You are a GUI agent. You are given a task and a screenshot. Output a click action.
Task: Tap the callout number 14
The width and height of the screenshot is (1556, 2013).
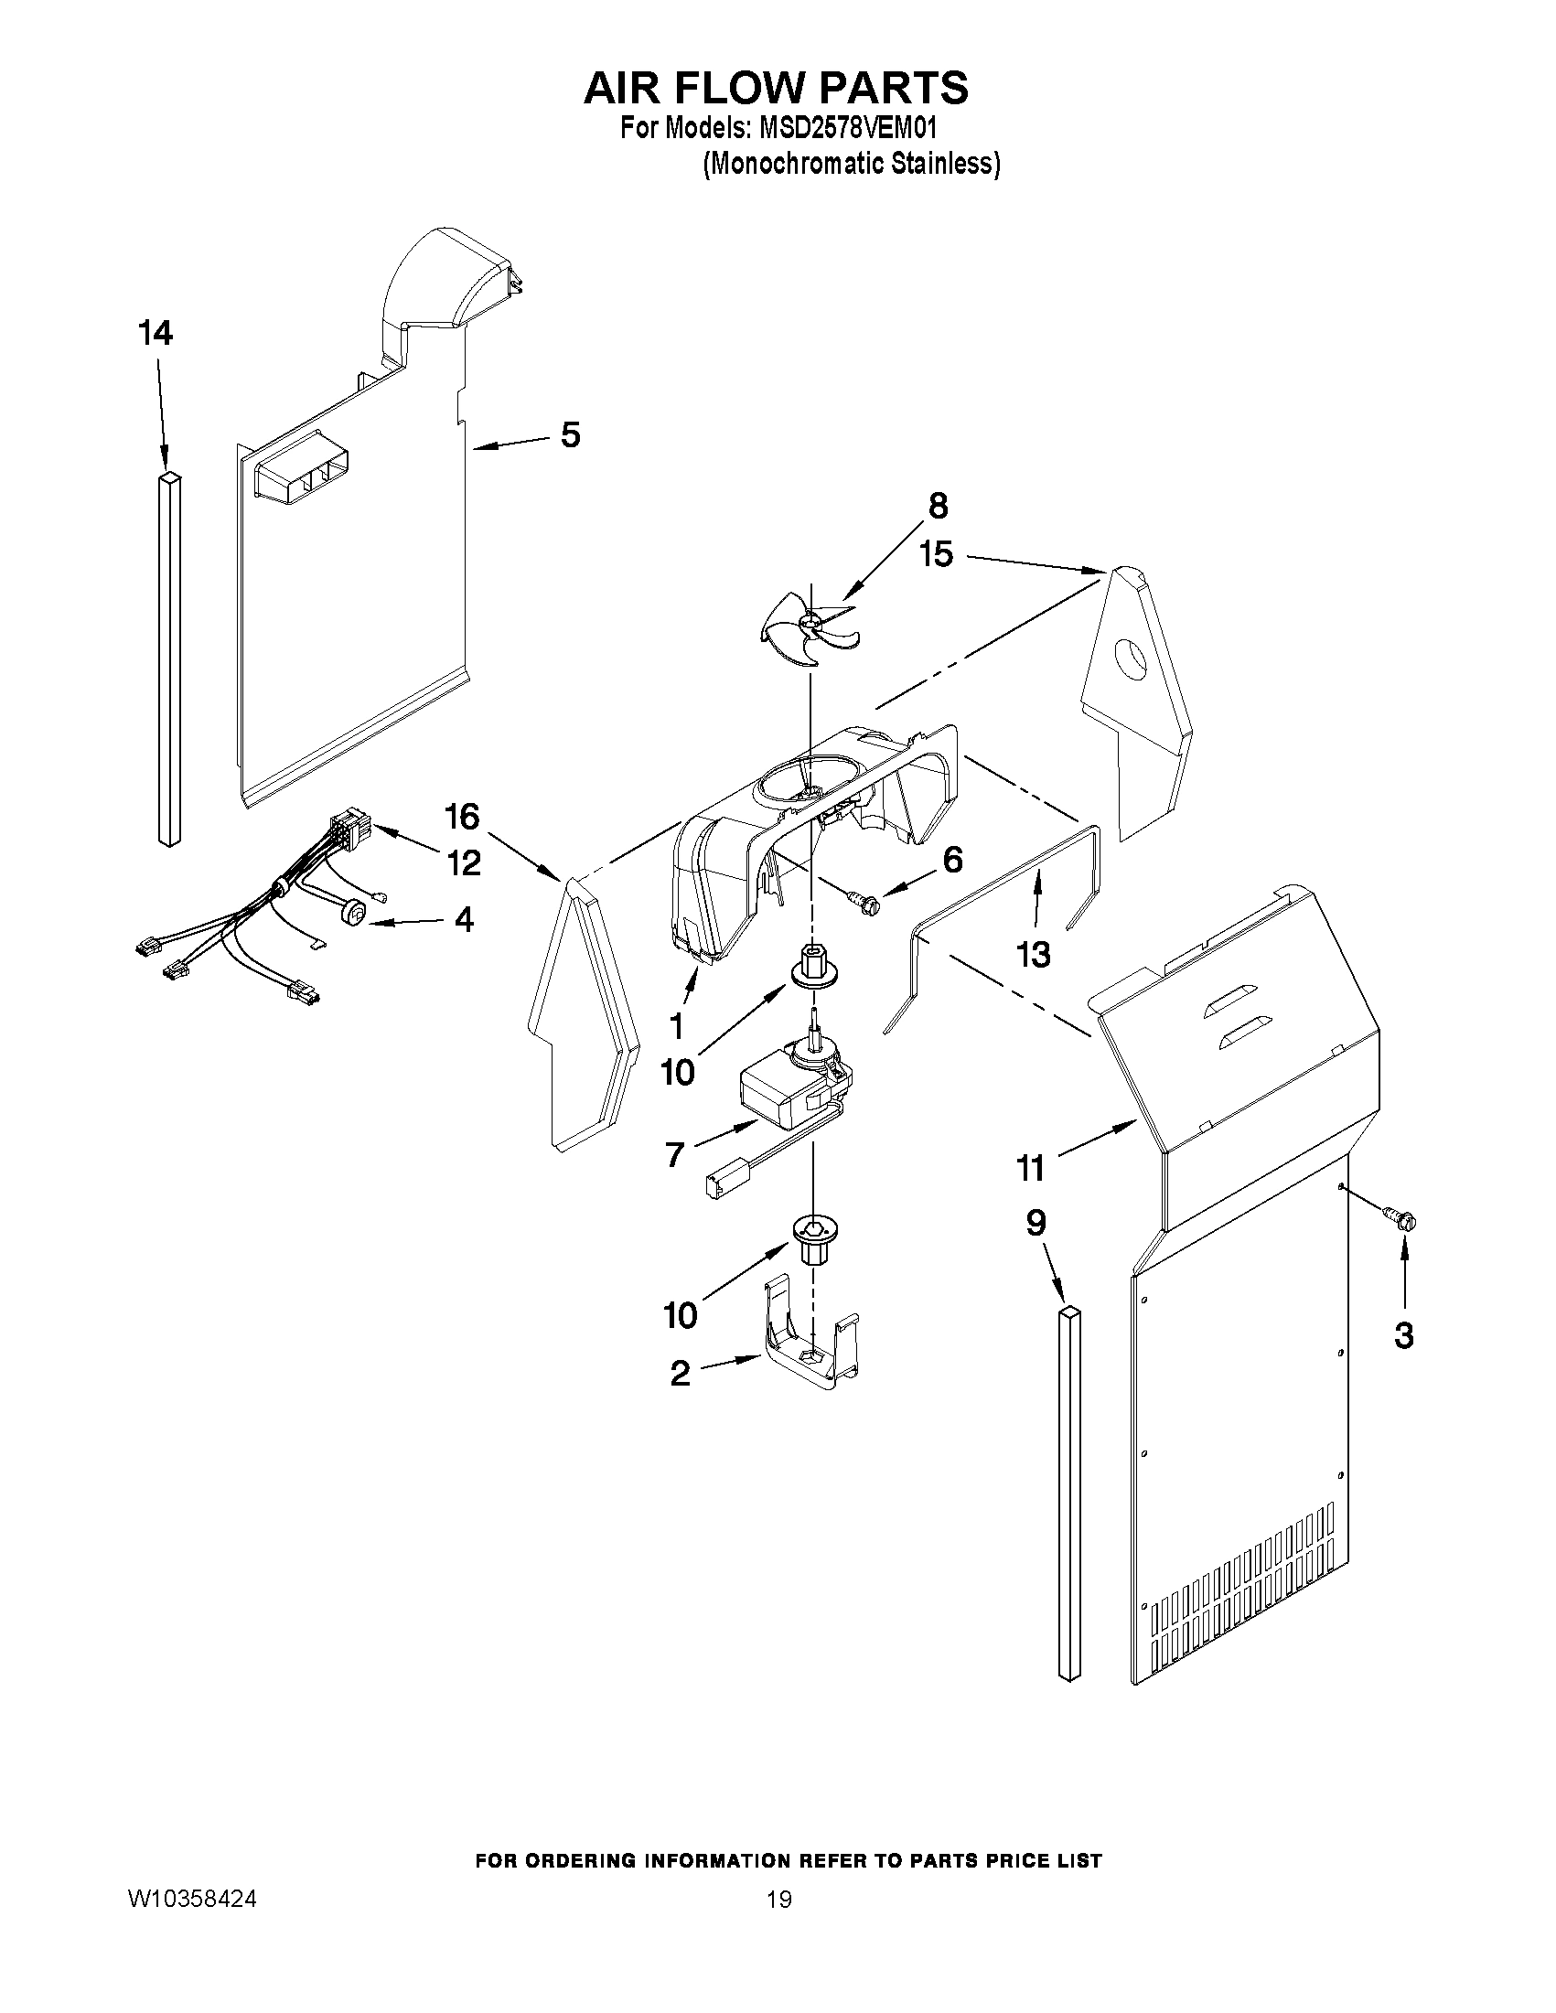[x=156, y=333]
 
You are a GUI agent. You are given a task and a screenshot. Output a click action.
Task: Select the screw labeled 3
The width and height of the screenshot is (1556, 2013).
[x=1401, y=1220]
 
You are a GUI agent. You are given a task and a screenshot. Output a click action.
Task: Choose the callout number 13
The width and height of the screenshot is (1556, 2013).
[x=1033, y=955]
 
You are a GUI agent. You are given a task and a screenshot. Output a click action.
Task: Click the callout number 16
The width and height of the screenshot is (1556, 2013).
[x=462, y=816]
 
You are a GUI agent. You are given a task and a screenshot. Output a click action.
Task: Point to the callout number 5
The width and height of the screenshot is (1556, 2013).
[x=570, y=434]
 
